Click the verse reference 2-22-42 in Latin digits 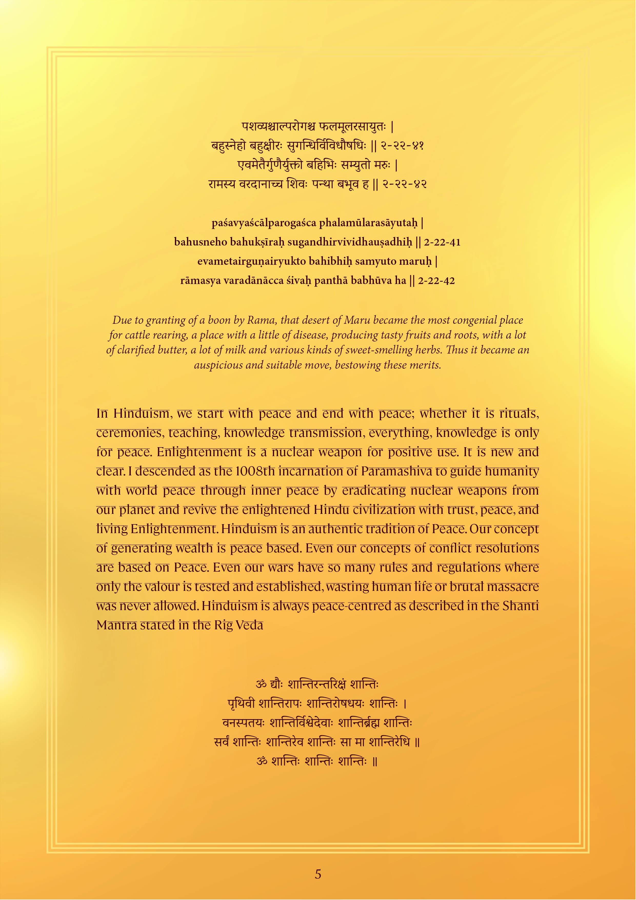436,281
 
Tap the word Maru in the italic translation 357,320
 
